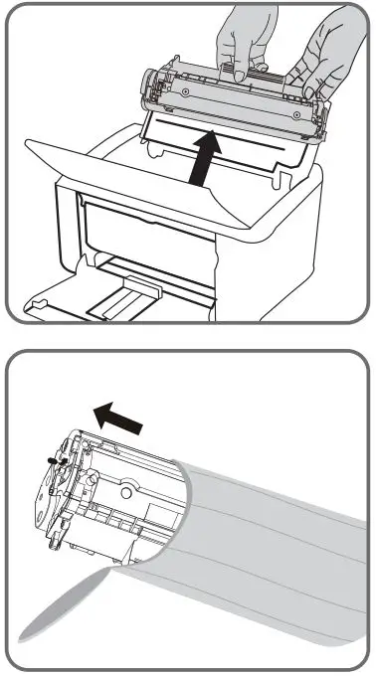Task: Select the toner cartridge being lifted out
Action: tap(234, 102)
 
